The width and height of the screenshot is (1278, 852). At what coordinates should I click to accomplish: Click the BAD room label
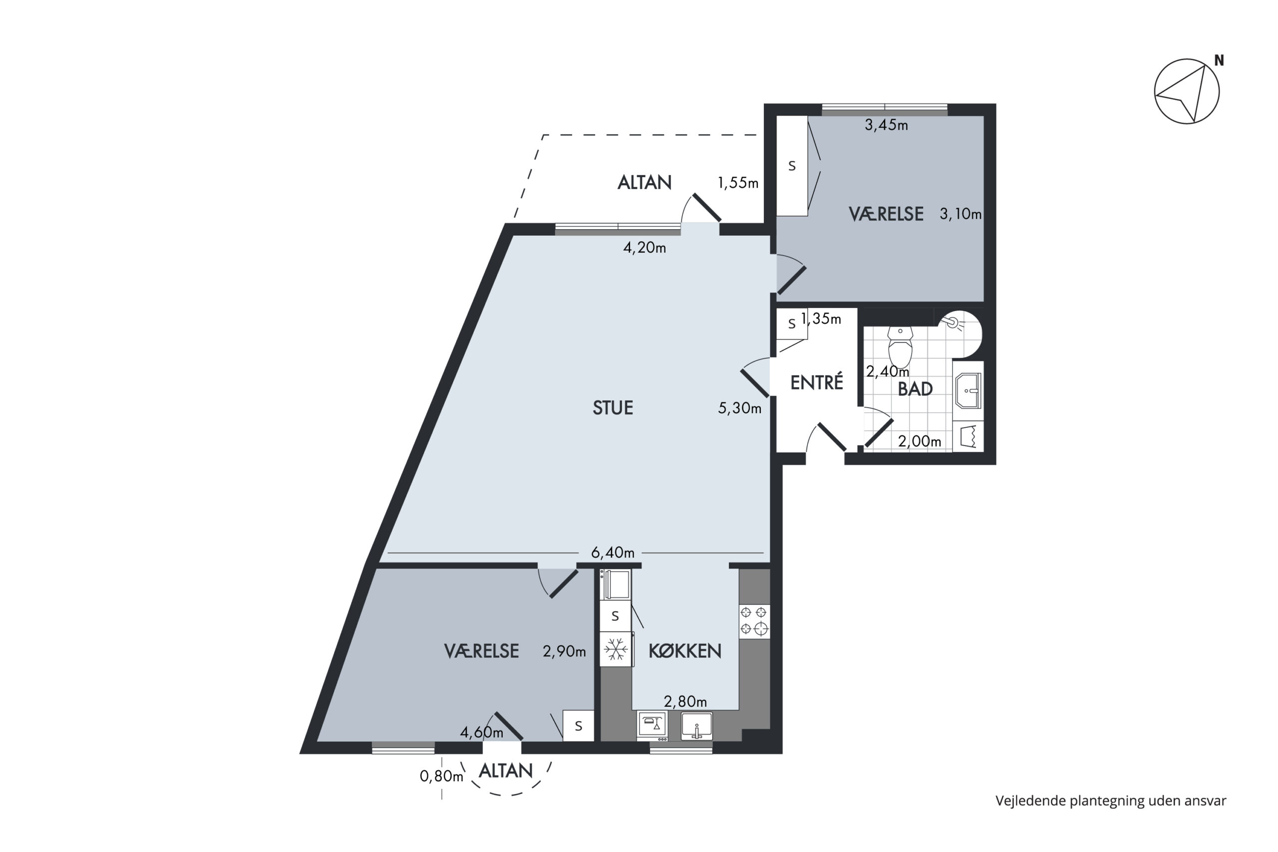[915, 389]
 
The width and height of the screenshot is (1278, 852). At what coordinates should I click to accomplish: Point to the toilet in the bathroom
[901, 347]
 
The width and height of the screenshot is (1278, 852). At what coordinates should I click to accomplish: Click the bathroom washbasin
[968, 390]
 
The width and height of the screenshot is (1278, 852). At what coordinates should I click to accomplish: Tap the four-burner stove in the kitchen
[754, 620]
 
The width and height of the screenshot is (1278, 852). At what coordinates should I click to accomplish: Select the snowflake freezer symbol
[616, 649]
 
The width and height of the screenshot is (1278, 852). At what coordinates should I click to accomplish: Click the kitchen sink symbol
[696, 725]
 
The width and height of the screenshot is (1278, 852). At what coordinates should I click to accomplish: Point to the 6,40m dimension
[613, 553]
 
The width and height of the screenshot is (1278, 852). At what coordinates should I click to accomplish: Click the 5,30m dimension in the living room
[739, 408]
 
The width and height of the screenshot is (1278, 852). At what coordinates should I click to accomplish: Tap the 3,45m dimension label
[886, 125]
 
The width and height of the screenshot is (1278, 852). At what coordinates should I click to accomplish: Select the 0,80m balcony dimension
[441, 776]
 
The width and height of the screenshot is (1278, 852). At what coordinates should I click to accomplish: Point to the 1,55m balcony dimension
[738, 183]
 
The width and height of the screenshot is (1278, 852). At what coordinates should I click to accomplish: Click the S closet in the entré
[792, 324]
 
